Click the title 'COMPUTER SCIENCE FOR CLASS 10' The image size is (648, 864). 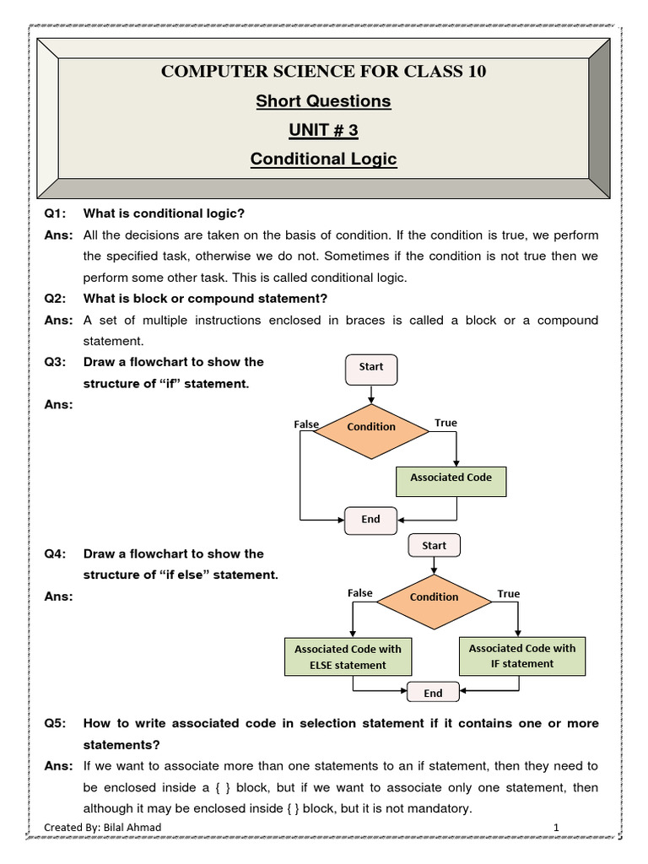click(324, 72)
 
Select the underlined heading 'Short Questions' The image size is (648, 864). click(324, 101)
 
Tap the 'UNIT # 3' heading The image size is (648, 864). click(324, 130)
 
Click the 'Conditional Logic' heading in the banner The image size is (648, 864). click(324, 159)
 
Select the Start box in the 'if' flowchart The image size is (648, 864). click(371, 368)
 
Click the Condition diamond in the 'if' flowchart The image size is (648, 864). click(371, 427)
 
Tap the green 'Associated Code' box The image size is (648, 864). click(451, 478)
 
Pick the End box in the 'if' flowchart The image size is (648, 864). click(371, 520)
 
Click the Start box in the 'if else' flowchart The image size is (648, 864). click(434, 546)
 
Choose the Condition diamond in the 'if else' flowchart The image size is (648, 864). click(434, 597)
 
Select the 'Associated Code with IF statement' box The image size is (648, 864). click(522, 656)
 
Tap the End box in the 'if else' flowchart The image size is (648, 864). click(433, 694)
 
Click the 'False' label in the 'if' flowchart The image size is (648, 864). click(306, 424)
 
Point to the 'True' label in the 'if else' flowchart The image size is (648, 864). click(509, 594)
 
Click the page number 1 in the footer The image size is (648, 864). click(557, 828)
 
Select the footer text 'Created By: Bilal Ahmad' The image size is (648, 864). click(96, 828)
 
